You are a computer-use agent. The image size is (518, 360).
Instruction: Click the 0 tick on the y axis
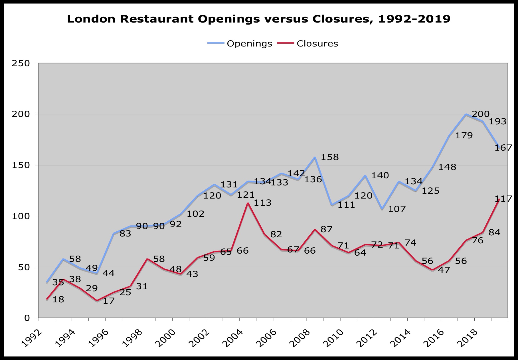tap(27, 318)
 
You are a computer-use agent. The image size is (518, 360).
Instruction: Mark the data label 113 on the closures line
tap(263, 203)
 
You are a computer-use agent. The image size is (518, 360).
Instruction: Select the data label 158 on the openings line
tap(330, 157)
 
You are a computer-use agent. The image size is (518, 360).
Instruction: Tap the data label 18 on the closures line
tap(58, 300)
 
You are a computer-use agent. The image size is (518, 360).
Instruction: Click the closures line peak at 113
tap(248, 203)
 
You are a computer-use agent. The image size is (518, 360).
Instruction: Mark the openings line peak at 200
tap(466, 114)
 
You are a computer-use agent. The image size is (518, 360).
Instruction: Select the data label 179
tap(464, 135)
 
